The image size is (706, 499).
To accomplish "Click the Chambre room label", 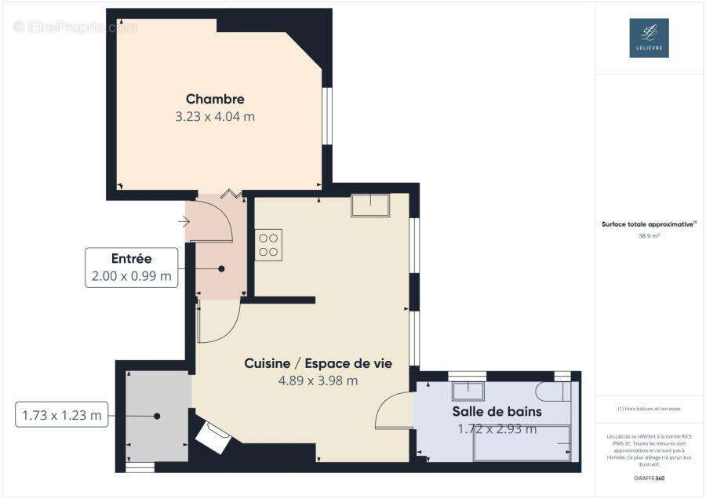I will [215, 99].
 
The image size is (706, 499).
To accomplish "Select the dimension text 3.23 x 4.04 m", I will [215, 117].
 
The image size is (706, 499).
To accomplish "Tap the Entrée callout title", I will [131, 258].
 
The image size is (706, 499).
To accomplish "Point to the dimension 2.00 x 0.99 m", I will [131, 276].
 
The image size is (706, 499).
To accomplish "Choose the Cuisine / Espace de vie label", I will [318, 363].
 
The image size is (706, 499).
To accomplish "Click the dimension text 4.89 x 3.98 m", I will [318, 381].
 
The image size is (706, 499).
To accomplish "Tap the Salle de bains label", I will [497, 411].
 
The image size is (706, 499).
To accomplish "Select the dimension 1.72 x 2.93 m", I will [497, 428].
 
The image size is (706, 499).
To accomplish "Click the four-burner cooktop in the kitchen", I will [268, 244].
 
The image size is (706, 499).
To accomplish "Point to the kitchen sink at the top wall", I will [370, 205].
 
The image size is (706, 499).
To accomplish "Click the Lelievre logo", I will [649, 38].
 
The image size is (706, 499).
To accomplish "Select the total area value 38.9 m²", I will [649, 235].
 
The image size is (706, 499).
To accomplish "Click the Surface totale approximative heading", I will [649, 224].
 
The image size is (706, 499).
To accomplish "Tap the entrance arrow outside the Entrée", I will [184, 222].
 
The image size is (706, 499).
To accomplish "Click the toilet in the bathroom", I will [552, 392].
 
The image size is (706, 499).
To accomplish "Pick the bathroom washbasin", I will [468, 391].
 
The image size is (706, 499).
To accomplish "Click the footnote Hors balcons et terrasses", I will [649, 409].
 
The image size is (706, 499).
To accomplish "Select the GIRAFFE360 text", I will [649, 478].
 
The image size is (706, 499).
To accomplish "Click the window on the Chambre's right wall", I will [327, 115].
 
